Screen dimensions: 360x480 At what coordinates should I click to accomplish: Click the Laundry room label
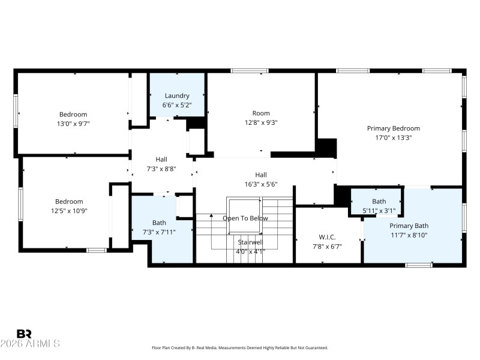tap(177, 95)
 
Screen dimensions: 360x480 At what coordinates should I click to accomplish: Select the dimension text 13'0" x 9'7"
tap(73, 124)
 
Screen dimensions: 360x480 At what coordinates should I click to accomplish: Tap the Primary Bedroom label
tap(393, 128)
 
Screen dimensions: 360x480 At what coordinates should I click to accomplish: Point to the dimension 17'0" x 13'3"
tap(393, 137)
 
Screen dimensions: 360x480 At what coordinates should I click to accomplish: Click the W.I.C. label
tap(328, 238)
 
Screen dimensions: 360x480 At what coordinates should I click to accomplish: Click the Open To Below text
tap(245, 218)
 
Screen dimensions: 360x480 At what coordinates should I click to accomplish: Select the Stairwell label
tap(250, 242)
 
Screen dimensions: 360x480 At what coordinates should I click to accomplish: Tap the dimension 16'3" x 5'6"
tap(260, 184)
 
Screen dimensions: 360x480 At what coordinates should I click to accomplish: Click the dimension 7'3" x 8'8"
tap(161, 169)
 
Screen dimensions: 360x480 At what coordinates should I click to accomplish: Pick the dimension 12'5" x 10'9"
tap(69, 211)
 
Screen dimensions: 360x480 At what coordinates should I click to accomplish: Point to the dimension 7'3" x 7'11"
tap(159, 232)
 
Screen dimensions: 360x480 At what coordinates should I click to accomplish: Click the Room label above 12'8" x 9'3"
tap(261, 113)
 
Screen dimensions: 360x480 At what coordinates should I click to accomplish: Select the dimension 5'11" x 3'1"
tap(379, 211)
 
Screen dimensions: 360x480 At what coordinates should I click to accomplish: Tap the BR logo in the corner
tap(25, 334)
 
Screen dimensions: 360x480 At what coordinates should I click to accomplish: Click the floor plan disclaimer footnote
tap(239, 347)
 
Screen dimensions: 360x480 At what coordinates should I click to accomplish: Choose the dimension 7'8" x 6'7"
tap(328, 247)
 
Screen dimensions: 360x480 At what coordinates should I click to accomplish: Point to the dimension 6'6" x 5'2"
tap(177, 104)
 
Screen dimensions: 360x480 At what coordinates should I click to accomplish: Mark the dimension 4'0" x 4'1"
tap(250, 251)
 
